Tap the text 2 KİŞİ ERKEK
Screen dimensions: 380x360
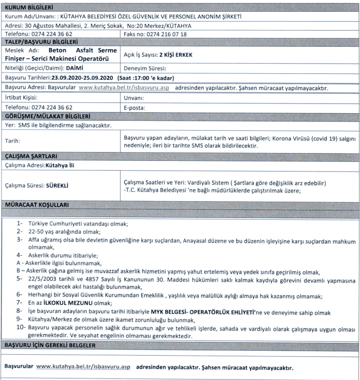[x=176, y=55]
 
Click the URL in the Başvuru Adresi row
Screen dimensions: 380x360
[x=124, y=88]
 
